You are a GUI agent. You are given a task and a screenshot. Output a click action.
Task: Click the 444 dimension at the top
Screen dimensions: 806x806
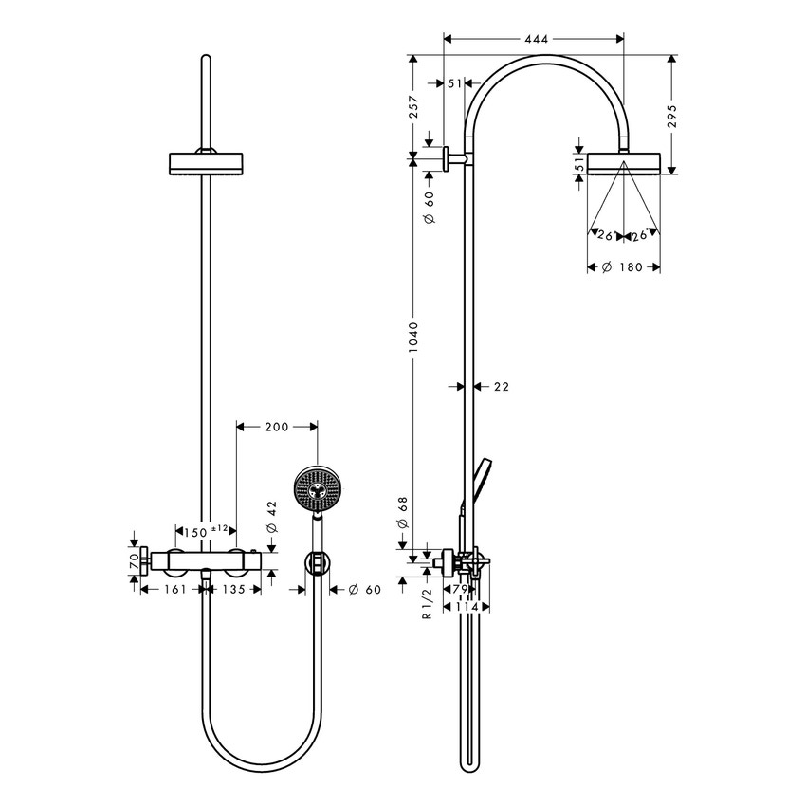coord(534,39)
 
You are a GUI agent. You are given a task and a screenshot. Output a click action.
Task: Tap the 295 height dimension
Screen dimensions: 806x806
coord(671,116)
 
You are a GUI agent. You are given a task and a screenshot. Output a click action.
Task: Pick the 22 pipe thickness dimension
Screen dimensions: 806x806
coord(502,386)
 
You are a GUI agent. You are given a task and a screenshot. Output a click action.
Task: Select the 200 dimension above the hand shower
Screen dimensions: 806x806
coord(276,428)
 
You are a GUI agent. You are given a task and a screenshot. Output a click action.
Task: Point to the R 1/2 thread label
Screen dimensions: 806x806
coord(428,602)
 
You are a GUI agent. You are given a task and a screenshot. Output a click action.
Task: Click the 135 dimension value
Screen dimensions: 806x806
coord(234,590)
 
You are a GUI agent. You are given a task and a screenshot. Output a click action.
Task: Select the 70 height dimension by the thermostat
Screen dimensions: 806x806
coord(133,560)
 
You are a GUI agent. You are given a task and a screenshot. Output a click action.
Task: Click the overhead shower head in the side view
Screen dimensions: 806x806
coord(622,164)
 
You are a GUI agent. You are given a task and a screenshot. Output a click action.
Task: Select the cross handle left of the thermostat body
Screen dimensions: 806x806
coord(145,561)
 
